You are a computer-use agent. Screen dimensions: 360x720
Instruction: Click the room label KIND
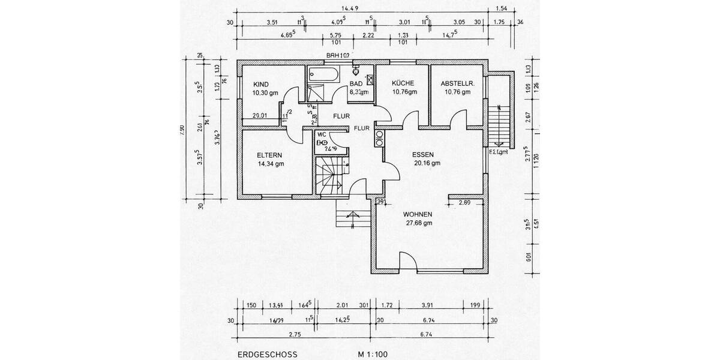coord(261,84)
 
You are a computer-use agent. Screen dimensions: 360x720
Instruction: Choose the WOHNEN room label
coord(418,214)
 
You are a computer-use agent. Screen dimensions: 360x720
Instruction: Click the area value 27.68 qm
coord(419,223)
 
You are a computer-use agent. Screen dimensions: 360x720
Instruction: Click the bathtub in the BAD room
coord(323,74)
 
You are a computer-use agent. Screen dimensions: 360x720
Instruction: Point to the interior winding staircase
coord(331,175)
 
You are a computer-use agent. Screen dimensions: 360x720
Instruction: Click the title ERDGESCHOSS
coord(263,355)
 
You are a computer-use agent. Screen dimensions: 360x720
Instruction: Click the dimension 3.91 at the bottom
coord(428,305)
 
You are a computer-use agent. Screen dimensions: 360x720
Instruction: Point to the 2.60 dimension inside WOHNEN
coord(464,203)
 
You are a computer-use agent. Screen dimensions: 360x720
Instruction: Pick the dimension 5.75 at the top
coord(335,35)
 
